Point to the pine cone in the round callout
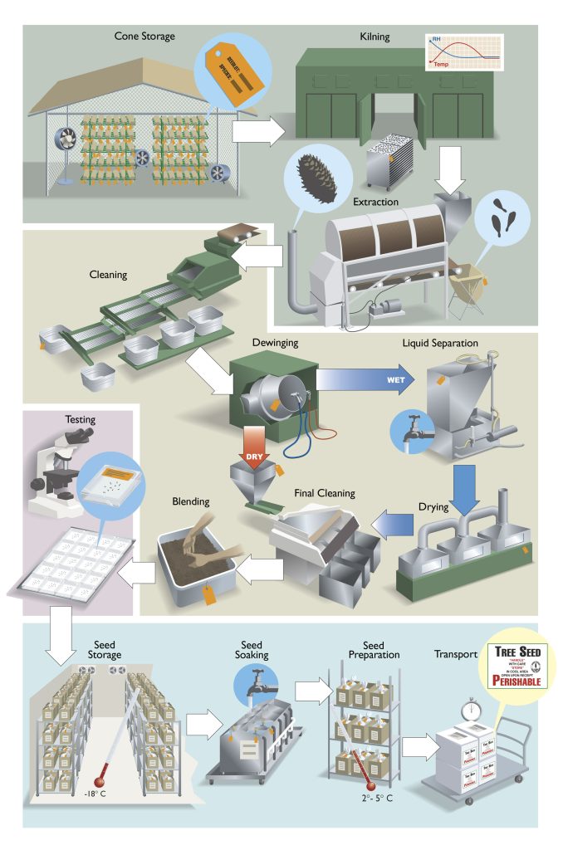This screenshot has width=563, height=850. pyautogui.click(x=310, y=178)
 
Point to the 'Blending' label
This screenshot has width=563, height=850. pyautogui.click(x=191, y=501)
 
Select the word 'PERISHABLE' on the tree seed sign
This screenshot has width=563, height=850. pyautogui.click(x=501, y=681)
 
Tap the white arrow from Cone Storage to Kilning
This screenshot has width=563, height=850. pyautogui.click(x=256, y=131)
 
